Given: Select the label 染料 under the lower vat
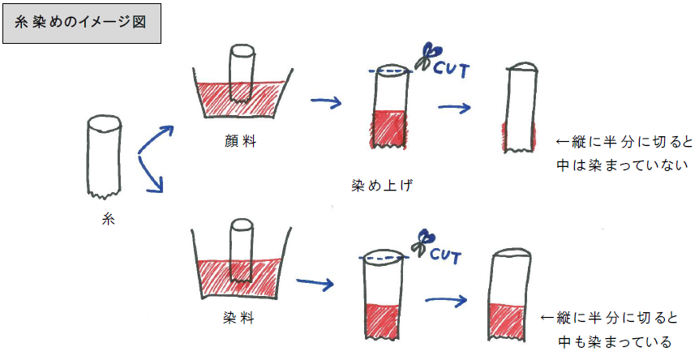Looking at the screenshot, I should pos(238,319).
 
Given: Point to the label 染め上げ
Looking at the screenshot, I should pos(375,186).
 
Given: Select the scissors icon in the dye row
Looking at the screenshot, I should pos(422,241).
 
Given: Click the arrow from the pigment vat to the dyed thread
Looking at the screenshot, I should pos(328,101).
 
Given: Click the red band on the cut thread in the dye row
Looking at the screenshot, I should pos(512,318).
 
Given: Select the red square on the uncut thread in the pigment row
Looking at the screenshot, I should pos(388,127).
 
